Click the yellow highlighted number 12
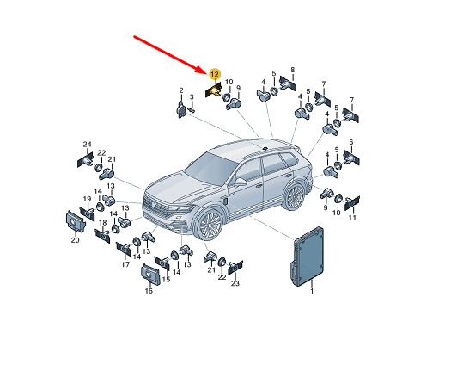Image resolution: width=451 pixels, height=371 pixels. (214, 75)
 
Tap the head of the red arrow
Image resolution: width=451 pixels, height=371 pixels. (204, 71)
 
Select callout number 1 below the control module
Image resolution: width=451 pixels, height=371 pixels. (312, 291)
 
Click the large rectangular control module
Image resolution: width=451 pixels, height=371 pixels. (308, 257)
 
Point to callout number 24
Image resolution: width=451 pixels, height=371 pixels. (87, 145)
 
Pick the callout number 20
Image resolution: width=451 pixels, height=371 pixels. (75, 239)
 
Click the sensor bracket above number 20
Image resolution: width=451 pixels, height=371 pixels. (75, 221)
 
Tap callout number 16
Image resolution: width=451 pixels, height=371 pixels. (149, 291)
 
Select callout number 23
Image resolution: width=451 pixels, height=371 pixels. (235, 283)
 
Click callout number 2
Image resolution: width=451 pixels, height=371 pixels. (181, 90)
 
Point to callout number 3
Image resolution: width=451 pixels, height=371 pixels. (192, 97)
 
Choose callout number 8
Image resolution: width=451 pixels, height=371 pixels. (293, 70)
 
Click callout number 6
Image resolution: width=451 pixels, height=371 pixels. (350, 142)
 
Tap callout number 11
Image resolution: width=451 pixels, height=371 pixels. (352, 218)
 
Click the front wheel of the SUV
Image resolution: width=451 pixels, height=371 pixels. (210, 224)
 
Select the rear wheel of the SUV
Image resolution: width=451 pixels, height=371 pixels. (295, 195)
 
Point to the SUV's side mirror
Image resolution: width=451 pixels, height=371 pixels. (241, 182)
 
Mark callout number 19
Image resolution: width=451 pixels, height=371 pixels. (87, 199)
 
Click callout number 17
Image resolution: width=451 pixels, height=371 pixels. (125, 264)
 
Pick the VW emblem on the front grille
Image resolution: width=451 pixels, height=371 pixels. (154, 204)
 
